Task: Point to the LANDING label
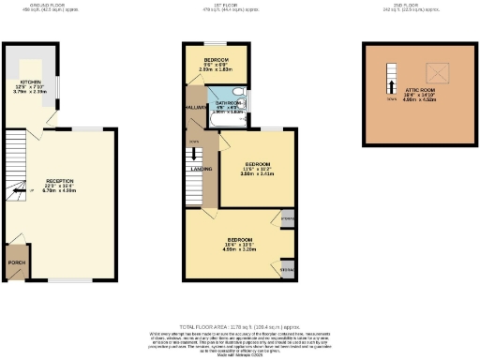pos(202,169)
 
